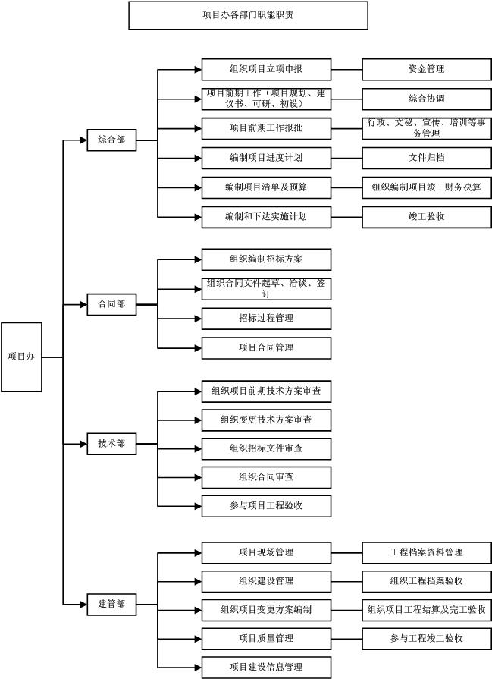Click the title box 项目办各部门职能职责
tap(248, 15)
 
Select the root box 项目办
tap(21, 357)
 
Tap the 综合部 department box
tap(111, 140)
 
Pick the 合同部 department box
tap(111, 304)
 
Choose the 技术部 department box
tap(111, 444)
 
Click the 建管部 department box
tap(111, 604)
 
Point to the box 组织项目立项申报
tap(266, 70)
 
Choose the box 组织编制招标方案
tap(266, 259)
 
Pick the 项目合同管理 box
tap(266, 348)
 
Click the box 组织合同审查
tap(266, 477)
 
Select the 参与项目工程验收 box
tap(266, 506)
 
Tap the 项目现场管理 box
tap(266, 552)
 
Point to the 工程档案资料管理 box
tap(426, 552)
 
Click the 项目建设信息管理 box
tap(266, 668)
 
